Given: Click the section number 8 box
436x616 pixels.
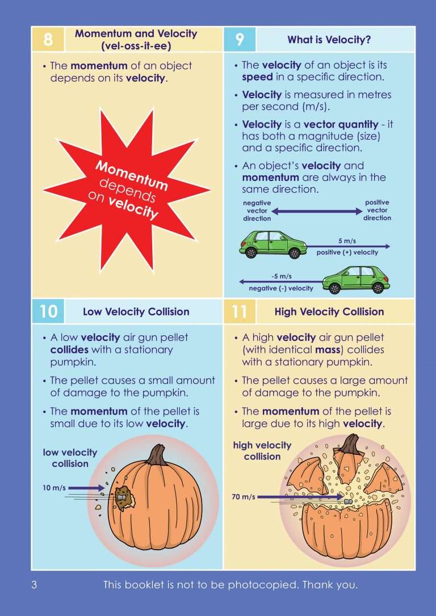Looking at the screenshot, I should click(48, 40).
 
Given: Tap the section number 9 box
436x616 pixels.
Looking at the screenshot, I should click(240, 40).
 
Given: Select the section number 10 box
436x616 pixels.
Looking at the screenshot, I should click(48, 311).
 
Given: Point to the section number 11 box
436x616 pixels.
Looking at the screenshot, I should click(240, 311).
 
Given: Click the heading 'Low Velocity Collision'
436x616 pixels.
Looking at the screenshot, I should click(136, 311).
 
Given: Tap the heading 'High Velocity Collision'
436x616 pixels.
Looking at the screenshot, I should click(329, 311).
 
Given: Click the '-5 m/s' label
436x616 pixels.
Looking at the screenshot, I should click(281, 277).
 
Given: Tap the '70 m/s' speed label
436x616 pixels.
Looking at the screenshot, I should click(243, 497).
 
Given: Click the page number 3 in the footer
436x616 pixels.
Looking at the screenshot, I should click(34, 585).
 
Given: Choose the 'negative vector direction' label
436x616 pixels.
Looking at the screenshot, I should click(257, 210).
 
